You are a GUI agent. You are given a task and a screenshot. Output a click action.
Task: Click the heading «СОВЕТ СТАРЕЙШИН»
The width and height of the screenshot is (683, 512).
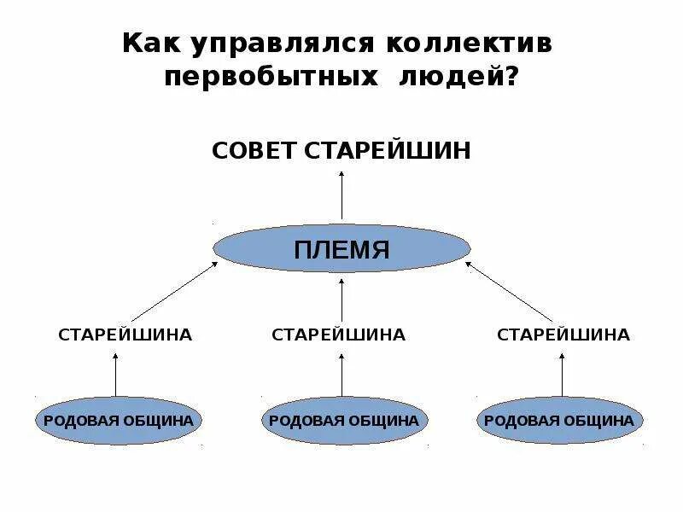(x=341, y=151)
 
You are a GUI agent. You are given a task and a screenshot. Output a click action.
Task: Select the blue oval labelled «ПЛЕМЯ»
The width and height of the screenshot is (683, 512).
(x=341, y=249)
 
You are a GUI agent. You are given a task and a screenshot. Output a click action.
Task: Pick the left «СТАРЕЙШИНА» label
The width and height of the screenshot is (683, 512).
(x=125, y=335)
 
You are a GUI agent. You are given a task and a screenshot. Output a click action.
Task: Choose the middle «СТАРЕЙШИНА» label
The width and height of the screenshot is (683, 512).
(x=338, y=335)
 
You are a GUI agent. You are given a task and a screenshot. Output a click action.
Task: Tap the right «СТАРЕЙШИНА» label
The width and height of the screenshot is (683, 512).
(x=563, y=335)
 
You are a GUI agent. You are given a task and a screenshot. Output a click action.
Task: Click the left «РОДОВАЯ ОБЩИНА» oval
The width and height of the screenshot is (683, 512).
(x=119, y=420)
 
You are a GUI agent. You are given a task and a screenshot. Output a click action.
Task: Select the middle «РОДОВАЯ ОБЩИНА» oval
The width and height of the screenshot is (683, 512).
(x=343, y=420)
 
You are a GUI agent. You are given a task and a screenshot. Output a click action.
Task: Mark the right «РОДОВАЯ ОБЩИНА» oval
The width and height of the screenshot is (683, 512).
(x=559, y=420)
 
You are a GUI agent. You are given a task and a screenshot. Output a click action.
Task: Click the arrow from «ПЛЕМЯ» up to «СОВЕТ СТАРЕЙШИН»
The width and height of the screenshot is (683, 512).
(x=341, y=195)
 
